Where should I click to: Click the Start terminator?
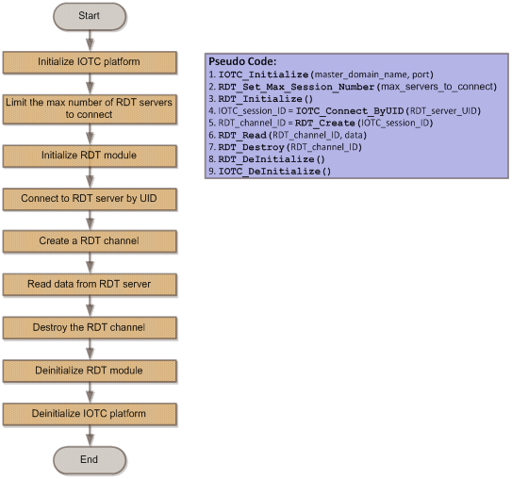(90, 16)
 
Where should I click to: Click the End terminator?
(90, 459)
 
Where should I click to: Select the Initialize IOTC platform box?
(90, 62)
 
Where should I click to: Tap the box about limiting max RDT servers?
(90, 109)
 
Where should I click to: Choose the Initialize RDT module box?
(90, 156)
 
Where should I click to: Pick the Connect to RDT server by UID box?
(90, 199)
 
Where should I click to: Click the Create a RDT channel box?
(90, 241)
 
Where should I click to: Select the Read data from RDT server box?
(90, 285)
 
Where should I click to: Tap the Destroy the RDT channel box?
(90, 327)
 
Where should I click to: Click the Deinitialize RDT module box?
(90, 371)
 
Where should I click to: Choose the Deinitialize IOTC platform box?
(90, 414)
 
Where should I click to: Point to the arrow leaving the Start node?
(90, 41)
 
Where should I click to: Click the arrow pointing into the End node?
(90, 436)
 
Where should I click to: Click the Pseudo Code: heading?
(242, 61)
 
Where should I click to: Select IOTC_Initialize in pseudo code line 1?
(263, 74)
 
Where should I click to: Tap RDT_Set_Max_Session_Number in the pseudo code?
(296, 87)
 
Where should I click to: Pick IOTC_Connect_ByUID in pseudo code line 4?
(350, 111)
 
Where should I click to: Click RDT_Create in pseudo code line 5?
(325, 124)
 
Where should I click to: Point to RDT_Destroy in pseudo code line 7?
(251, 147)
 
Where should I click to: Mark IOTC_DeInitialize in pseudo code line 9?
(270, 172)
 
